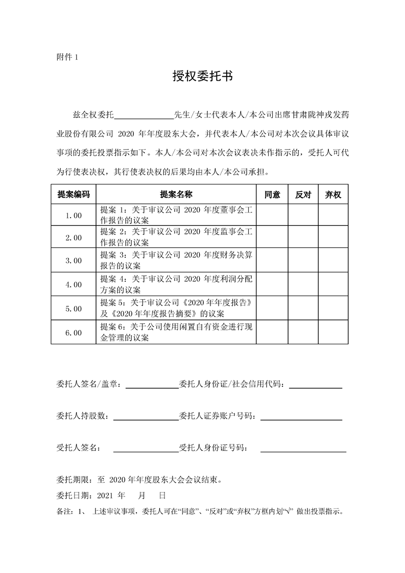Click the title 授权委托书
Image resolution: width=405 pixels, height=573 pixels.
point(202,77)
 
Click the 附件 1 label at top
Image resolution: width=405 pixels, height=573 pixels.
point(66,57)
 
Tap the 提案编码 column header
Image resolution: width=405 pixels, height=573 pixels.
point(73,195)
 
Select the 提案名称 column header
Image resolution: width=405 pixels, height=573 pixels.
point(176,195)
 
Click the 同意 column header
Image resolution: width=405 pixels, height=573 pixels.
point(272,195)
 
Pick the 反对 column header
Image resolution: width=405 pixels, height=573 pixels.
point(303,195)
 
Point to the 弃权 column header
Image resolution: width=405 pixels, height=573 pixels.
point(333,195)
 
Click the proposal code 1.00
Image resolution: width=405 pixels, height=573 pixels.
point(73,216)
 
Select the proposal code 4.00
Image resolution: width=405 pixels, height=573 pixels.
point(73,284)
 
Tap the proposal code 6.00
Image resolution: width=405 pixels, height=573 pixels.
point(73,332)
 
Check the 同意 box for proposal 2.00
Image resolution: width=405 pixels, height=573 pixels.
point(272,237)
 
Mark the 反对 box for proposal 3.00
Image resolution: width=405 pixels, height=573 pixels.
point(303,260)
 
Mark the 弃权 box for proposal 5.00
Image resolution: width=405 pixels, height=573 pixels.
point(333,308)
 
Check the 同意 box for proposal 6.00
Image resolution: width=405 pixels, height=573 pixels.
point(272,332)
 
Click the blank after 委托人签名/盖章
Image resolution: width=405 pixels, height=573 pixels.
point(152,385)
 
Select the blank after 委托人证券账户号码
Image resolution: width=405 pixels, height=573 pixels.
point(301,417)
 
